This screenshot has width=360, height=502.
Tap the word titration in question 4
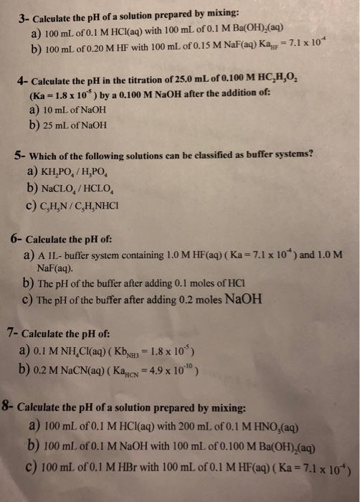point(137,85)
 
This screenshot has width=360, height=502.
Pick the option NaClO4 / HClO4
point(87,189)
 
